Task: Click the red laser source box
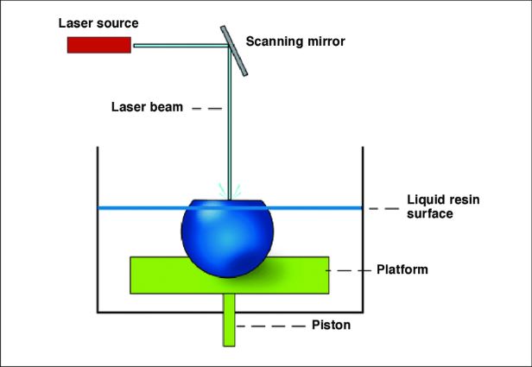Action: (x=99, y=45)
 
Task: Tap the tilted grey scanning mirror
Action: (x=234, y=51)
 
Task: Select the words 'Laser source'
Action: (x=98, y=23)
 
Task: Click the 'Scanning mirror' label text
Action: (x=295, y=41)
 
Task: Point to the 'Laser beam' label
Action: (x=147, y=107)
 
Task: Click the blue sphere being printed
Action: (x=227, y=238)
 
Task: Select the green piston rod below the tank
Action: (x=229, y=320)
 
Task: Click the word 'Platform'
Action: (x=402, y=269)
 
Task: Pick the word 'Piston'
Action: (x=331, y=325)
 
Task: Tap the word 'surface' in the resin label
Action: (x=430, y=213)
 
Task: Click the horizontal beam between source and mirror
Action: (x=180, y=46)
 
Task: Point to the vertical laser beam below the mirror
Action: (x=230, y=123)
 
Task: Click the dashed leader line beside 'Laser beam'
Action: (x=207, y=109)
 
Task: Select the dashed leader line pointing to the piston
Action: (x=271, y=326)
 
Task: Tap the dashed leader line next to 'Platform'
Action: (x=348, y=270)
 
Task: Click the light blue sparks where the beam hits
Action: (x=230, y=191)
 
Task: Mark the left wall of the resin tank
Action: (x=98, y=230)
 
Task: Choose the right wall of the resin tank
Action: (x=363, y=230)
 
